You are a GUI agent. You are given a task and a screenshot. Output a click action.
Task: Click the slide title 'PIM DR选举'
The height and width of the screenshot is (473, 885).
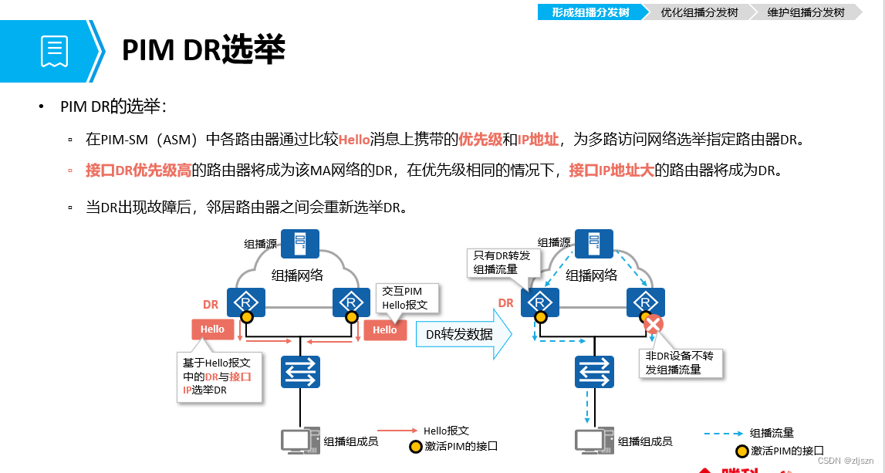(x=203, y=51)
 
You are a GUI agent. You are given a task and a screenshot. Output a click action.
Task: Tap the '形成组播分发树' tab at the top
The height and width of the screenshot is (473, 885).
(x=590, y=12)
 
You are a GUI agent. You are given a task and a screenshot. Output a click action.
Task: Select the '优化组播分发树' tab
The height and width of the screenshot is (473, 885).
(x=699, y=12)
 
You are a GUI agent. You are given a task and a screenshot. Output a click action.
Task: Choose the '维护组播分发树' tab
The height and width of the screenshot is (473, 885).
(x=806, y=12)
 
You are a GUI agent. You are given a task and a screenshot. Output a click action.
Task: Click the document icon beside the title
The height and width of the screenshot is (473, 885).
(x=53, y=51)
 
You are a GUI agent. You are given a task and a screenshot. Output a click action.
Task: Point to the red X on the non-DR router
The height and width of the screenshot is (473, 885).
(x=653, y=324)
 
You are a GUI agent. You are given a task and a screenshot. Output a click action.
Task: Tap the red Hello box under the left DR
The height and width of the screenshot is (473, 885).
(x=212, y=329)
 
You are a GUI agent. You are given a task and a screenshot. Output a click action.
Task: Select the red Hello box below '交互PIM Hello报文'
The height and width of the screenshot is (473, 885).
(x=384, y=329)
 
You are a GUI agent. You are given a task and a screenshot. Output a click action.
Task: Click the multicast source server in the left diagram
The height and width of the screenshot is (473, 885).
(x=300, y=243)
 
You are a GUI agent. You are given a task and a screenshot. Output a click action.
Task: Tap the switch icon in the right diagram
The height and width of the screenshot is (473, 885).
(x=593, y=372)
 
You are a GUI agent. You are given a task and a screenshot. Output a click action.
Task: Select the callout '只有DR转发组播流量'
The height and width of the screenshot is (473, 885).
(x=502, y=262)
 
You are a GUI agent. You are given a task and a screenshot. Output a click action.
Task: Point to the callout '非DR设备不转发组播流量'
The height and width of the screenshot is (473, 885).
(x=684, y=362)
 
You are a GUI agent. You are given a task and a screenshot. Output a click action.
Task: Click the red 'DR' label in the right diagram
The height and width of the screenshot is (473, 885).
(x=505, y=303)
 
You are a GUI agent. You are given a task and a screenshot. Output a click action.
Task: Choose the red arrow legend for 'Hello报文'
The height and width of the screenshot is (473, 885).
(x=397, y=431)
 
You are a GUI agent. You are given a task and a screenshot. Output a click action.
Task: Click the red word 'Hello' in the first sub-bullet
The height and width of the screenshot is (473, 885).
(x=354, y=139)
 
